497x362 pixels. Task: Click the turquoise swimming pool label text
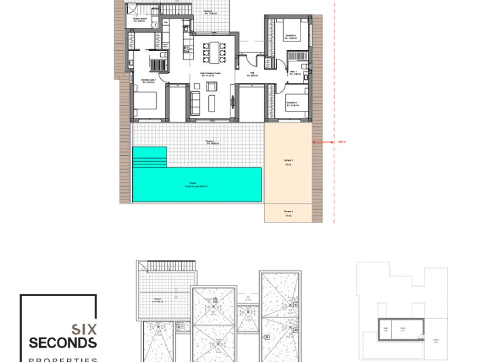pyautogui.click(x=196, y=185)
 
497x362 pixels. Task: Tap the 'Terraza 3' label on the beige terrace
pyautogui.click(x=288, y=162)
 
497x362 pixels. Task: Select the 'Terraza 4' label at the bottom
pyautogui.click(x=288, y=213)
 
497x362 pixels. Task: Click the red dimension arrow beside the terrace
pyautogui.click(x=322, y=141)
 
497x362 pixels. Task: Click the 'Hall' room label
pyautogui.click(x=252, y=74)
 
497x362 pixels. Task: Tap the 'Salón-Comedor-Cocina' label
pyautogui.click(x=210, y=74)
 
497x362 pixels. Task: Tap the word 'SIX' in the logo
pyautogui.click(x=84, y=329)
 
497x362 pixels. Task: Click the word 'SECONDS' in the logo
pyautogui.click(x=63, y=342)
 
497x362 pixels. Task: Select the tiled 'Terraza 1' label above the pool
pyautogui.click(x=210, y=142)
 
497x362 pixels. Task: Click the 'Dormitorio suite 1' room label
pyautogui.click(x=149, y=81)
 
